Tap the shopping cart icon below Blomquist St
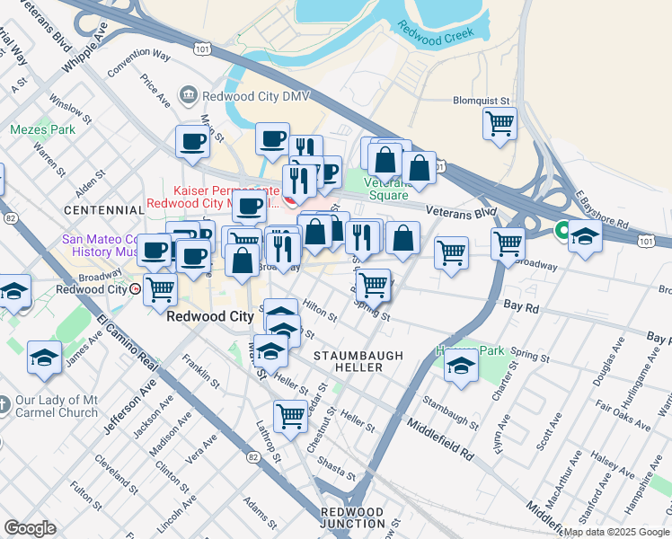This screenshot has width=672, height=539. tap(500, 123)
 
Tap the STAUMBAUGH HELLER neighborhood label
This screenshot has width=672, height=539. tap(358, 362)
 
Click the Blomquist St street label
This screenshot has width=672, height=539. tap(482, 102)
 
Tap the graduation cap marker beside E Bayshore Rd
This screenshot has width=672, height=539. tap(585, 238)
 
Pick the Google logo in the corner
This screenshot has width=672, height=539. tap(30, 528)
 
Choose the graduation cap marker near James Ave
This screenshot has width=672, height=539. tap(44, 358)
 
